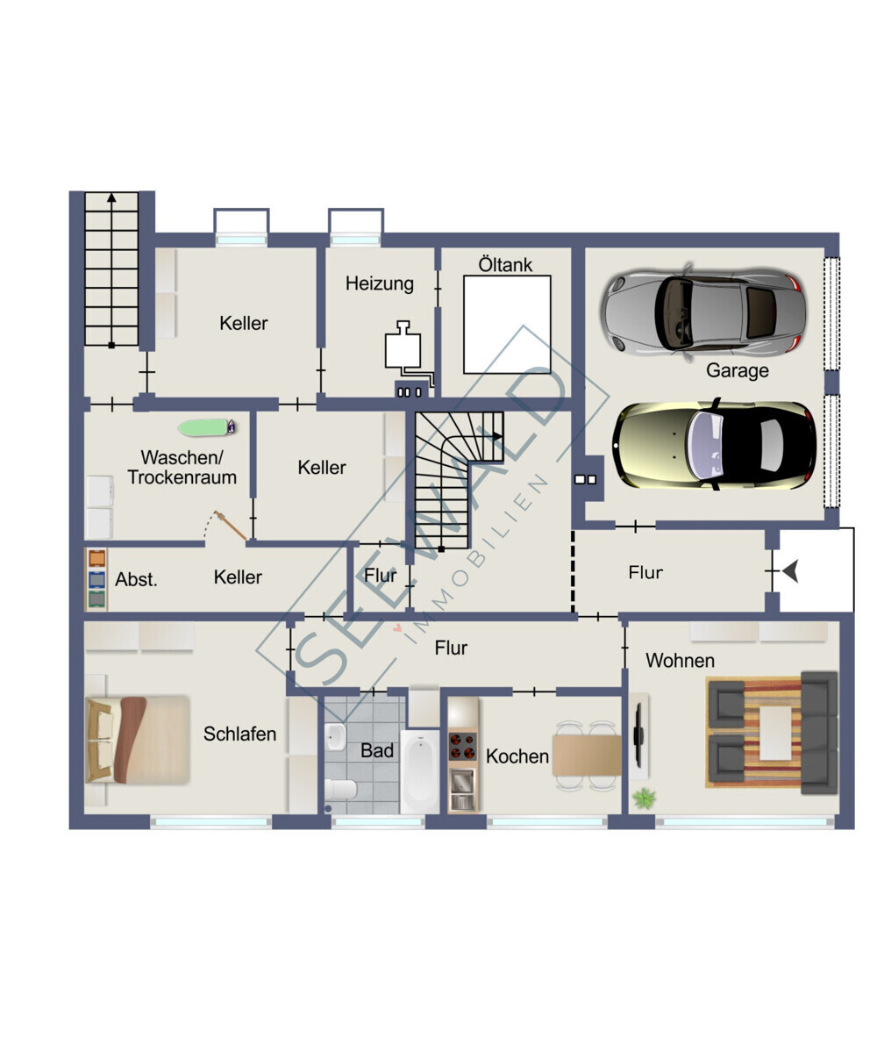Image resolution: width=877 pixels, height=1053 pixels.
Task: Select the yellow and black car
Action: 714,445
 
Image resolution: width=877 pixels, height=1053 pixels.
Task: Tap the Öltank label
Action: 505,265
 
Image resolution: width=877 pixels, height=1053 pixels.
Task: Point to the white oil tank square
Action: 507,325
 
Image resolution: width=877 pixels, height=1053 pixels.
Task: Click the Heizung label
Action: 380,284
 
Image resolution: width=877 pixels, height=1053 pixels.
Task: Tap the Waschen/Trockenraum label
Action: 182,467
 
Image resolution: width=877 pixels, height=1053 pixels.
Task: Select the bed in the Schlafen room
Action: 138,740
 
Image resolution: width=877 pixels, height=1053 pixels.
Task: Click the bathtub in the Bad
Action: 419,770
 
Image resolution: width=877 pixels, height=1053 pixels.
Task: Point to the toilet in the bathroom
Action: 341,788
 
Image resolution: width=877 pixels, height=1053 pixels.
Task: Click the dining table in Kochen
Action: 586,755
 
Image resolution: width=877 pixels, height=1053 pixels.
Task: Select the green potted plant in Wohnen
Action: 644,798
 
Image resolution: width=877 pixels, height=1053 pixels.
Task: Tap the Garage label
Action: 738,370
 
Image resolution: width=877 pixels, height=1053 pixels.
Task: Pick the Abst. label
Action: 136,579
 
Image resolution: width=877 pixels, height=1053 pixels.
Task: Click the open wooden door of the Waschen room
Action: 231,525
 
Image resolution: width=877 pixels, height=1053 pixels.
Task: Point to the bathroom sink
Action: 335,737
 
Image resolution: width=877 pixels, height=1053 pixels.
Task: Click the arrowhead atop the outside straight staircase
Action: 111,197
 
